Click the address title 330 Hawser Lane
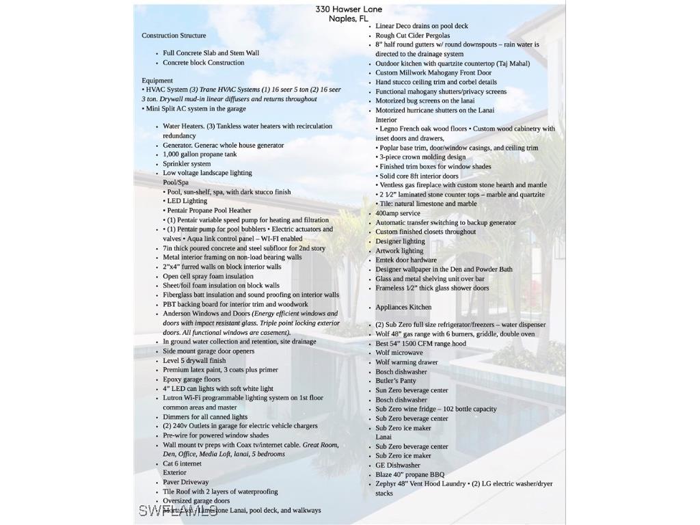349,9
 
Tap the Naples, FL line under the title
349,18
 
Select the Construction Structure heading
174,35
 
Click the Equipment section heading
157,80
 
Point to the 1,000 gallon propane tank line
200,154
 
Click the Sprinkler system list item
187,163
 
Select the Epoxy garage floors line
191,379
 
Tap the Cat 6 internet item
182,463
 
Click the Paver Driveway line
185,482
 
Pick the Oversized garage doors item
196,500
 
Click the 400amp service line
398,213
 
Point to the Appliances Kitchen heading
403,307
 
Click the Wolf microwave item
399,353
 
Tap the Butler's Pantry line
396,381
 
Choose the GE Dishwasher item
398,465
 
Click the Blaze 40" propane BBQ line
409,474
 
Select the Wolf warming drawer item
406,362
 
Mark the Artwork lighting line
399,250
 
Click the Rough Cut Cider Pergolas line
412,35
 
